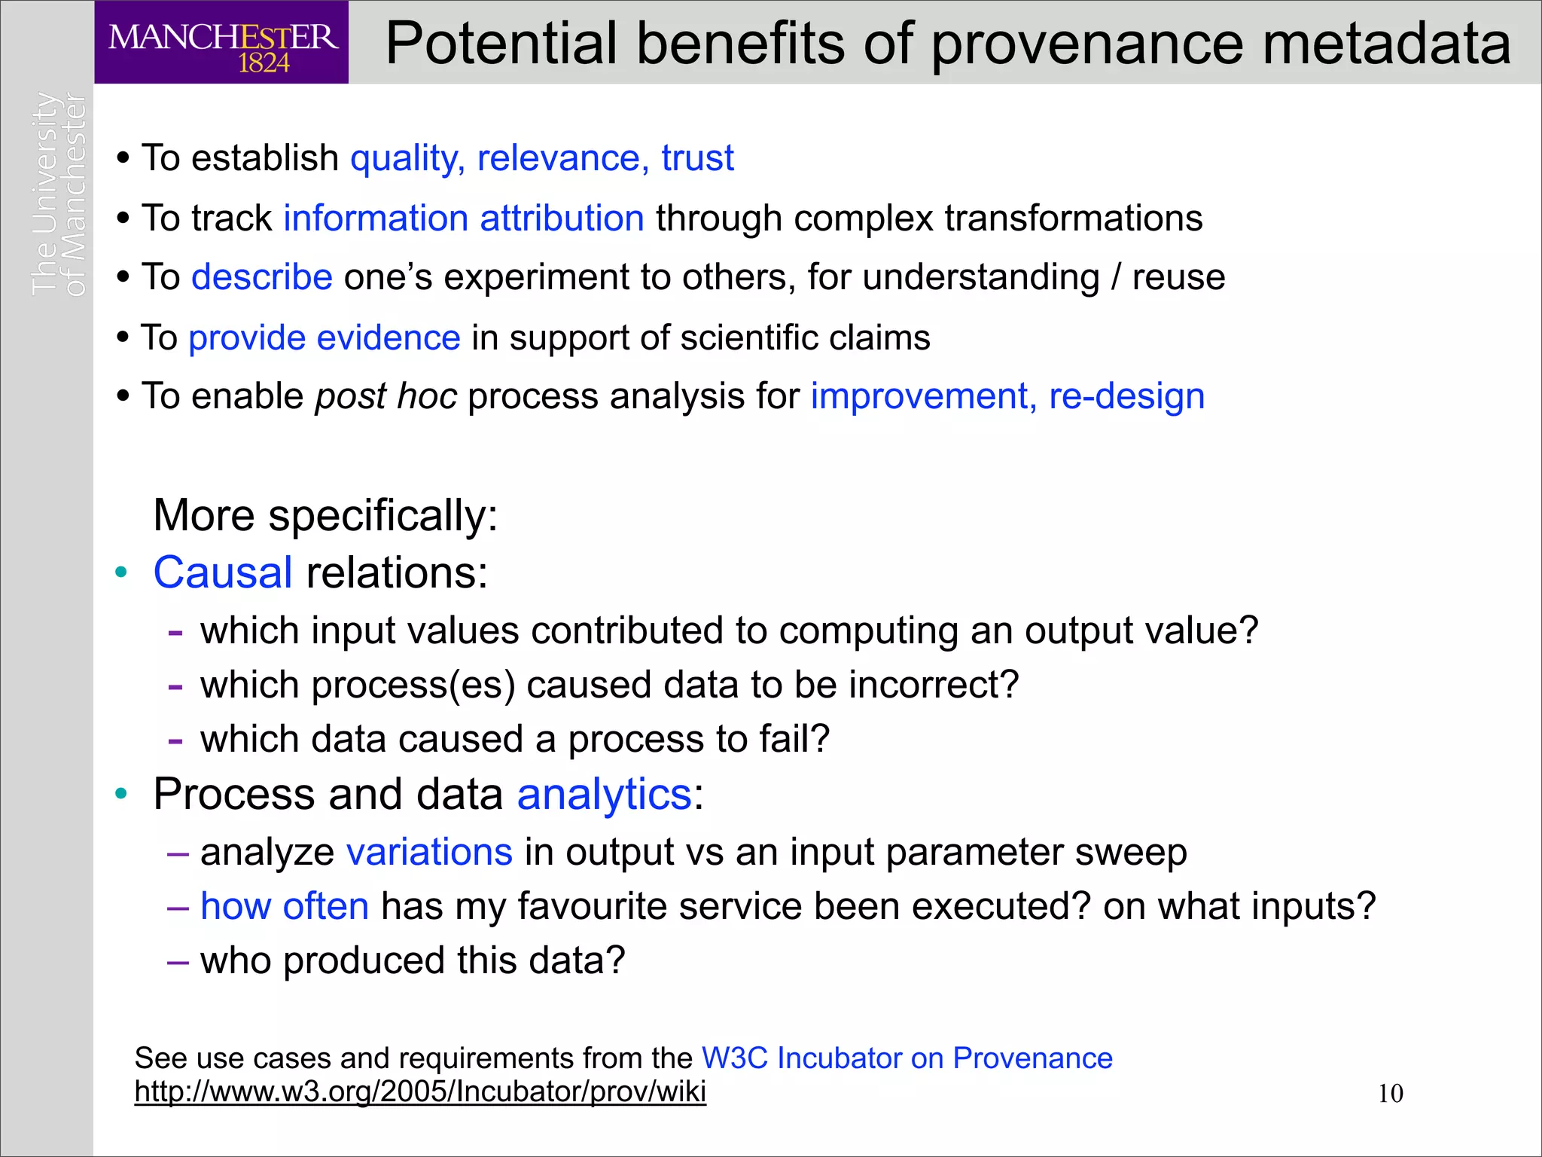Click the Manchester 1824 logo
pyautogui.click(x=221, y=43)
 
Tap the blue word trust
pyautogui.click(x=697, y=158)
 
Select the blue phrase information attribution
pyautogui.click(x=464, y=218)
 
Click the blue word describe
pyautogui.click(x=262, y=277)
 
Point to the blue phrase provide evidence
pyautogui.click(x=325, y=337)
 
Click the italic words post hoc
pyautogui.click(x=386, y=396)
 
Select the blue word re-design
pyautogui.click(x=1126, y=396)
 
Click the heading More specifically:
pyautogui.click(x=325, y=515)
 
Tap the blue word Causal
pyautogui.click(x=223, y=572)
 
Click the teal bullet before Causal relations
pyautogui.click(x=121, y=572)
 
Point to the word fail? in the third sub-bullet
pyautogui.click(x=794, y=739)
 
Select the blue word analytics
pyautogui.click(x=604, y=795)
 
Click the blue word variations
pyautogui.click(x=429, y=853)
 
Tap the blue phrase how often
pyautogui.click(x=285, y=906)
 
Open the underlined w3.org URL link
pyautogui.click(x=420, y=1091)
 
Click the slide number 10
pyautogui.click(x=1390, y=1094)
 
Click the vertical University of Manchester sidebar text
pyautogui.click(x=59, y=194)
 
